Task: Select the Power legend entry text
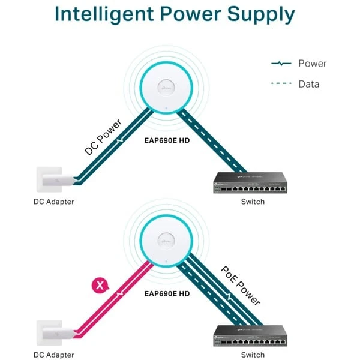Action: [x=311, y=63]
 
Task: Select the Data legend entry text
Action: [x=308, y=84]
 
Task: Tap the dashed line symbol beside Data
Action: [x=281, y=84]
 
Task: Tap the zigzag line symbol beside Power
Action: [x=281, y=63]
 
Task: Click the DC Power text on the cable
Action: [x=103, y=137]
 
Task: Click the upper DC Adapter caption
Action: [x=53, y=202]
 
